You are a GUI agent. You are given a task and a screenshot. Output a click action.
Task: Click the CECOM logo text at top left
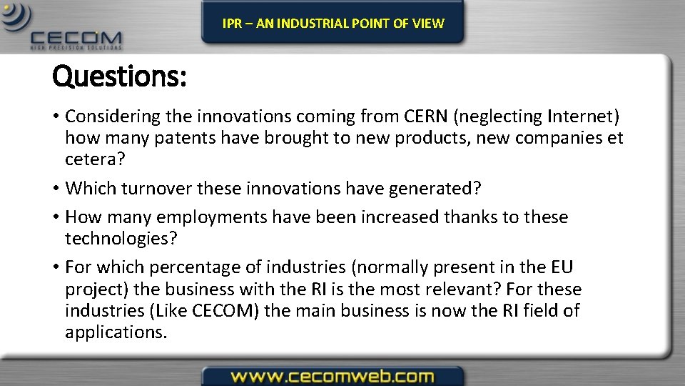76,38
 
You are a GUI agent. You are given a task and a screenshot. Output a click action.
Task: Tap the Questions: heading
119,76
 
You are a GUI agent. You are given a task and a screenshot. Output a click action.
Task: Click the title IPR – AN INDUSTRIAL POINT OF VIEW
333,23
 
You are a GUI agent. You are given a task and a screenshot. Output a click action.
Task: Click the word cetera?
95,159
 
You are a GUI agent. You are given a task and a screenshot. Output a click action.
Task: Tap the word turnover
157,188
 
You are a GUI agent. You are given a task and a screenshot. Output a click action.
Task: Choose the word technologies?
121,238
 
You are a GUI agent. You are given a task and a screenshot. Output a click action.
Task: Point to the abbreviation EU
561,267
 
